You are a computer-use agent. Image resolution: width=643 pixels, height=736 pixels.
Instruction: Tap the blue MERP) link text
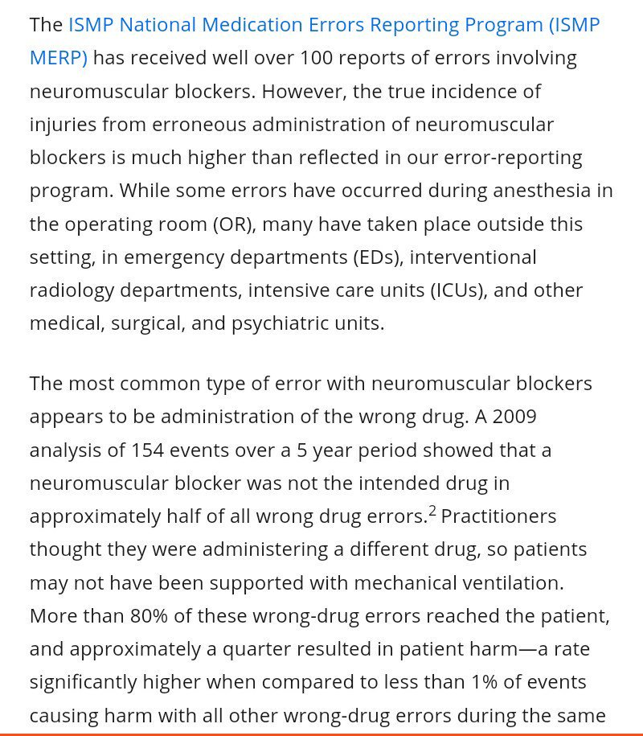(58, 58)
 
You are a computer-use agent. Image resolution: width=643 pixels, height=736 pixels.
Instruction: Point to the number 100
(317, 58)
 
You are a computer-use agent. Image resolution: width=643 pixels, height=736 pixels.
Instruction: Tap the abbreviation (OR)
(234, 224)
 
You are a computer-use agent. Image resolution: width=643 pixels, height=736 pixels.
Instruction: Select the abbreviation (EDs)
(382, 257)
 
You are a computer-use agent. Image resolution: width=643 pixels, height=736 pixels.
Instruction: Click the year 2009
(514, 417)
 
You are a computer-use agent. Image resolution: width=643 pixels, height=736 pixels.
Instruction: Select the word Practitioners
(498, 516)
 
